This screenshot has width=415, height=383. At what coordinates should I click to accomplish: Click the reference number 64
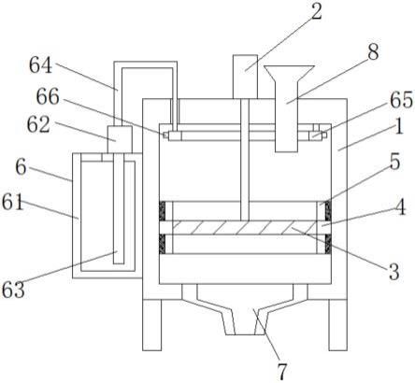pos(40,65)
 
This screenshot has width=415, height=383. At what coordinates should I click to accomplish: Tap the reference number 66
pos(48,96)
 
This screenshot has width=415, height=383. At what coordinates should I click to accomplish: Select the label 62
pos(38,125)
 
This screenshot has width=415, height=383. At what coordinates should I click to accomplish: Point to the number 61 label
pos(13,202)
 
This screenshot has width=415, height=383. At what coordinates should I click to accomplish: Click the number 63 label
pos(13,290)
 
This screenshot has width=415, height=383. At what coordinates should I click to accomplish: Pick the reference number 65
pos(401,100)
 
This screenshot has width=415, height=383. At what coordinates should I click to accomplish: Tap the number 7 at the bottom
pos(281,371)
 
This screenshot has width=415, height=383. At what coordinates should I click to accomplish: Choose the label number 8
pos(374,52)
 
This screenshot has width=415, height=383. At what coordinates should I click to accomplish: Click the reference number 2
pos(317,12)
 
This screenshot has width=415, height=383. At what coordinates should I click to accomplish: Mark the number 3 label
pos(394,272)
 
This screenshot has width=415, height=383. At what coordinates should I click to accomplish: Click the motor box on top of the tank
pos(245,77)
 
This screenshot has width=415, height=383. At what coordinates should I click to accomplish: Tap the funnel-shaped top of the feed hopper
pos(289,74)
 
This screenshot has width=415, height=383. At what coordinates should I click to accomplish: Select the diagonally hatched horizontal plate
pos(244,228)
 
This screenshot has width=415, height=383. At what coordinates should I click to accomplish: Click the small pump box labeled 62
pos(120,139)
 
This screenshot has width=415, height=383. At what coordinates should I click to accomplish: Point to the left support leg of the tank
pos(152,325)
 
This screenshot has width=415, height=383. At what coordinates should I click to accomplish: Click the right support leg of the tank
pos(338,325)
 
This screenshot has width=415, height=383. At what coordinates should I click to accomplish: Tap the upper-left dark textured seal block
pos(162,211)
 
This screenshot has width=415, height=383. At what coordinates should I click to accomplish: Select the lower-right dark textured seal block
pos(328,244)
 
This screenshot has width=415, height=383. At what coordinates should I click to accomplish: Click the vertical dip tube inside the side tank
pos(119,208)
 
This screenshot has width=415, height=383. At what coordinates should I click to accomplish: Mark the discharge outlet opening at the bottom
pos(245,321)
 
